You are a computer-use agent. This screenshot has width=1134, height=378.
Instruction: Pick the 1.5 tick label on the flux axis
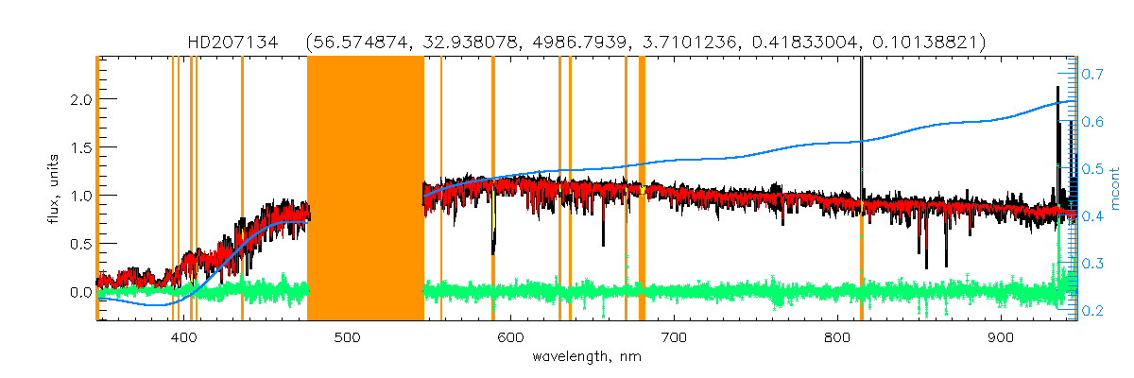tap(78, 147)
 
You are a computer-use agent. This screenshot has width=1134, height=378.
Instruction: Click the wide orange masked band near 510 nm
tap(365, 189)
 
